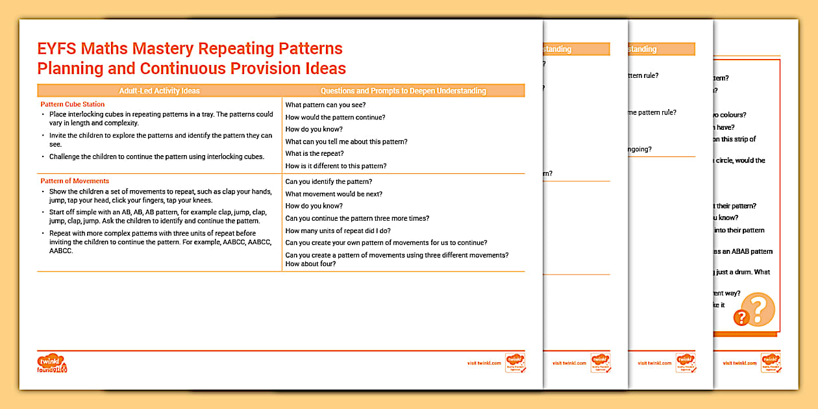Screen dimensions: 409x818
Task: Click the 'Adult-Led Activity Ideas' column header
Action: [x=159, y=91]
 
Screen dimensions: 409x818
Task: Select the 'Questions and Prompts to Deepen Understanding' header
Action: [x=403, y=91]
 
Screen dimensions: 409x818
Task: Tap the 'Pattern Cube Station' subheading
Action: [x=72, y=104]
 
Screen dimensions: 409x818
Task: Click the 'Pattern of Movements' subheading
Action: [x=75, y=181]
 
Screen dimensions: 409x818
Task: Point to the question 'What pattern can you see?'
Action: [x=326, y=105]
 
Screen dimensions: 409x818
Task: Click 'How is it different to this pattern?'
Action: [x=336, y=166]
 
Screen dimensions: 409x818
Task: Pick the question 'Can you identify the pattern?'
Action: [x=328, y=182]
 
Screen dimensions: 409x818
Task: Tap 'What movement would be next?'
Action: [x=334, y=194]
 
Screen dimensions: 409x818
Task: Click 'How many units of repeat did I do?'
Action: [x=338, y=230]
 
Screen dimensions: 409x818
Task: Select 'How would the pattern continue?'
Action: [x=335, y=118]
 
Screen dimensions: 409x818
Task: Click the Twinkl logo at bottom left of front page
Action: [x=53, y=363]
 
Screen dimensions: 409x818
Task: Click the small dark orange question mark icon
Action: [x=740, y=317]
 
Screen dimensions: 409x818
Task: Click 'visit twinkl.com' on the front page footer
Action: [x=484, y=364]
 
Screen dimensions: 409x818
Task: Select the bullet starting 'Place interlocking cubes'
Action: [x=161, y=118]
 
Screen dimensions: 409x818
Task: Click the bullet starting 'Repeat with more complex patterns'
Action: [x=153, y=242]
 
